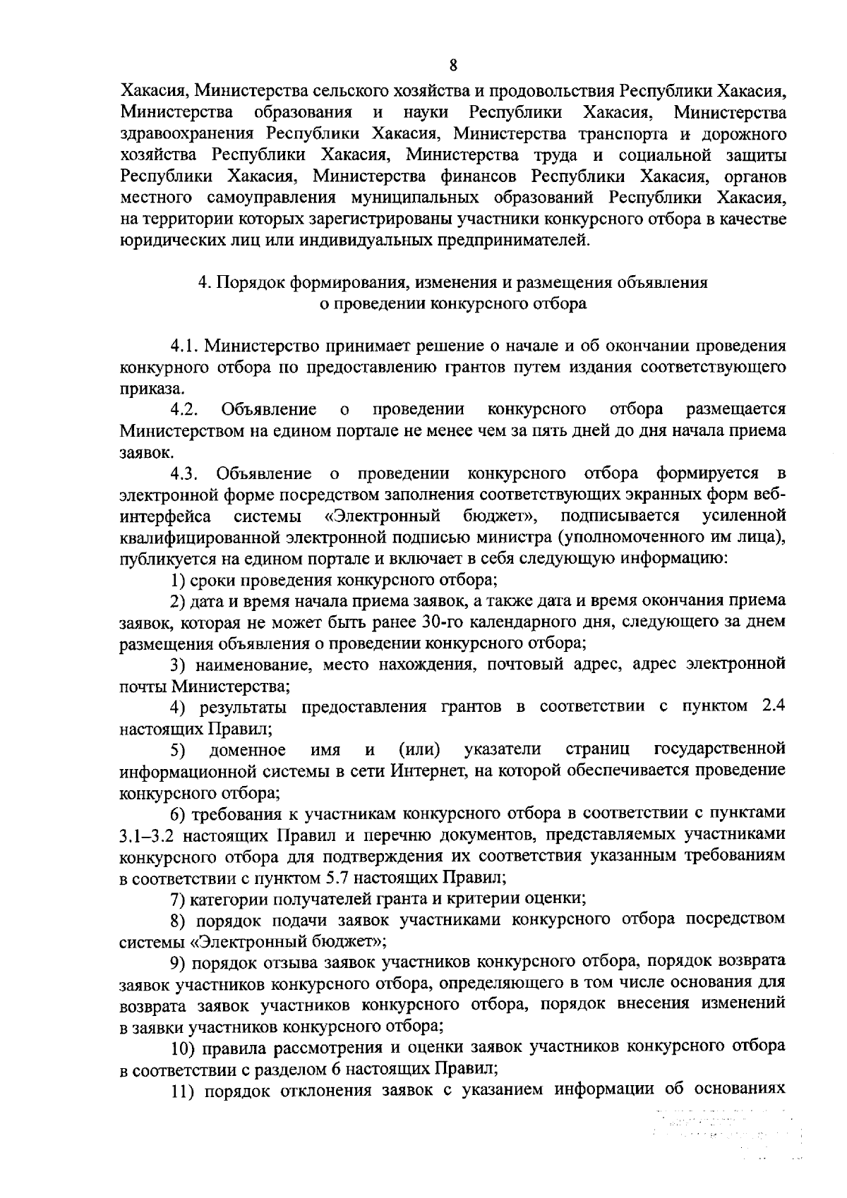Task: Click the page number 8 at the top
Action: pyautogui.click(x=453, y=66)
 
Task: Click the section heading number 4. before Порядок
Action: pyautogui.click(x=204, y=282)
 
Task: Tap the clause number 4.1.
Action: pyautogui.click(x=186, y=346)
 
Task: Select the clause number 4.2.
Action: pyautogui.click(x=186, y=410)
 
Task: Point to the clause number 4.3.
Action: pyautogui.click(x=186, y=473)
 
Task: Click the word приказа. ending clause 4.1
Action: pyautogui.click(x=145, y=389)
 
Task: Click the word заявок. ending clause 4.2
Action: pyautogui.click(x=143, y=452)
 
